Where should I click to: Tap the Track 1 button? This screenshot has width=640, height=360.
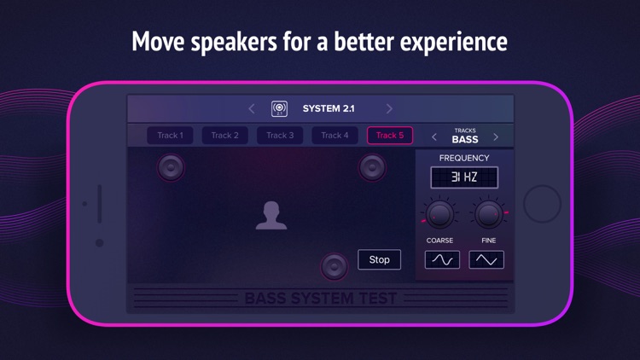(x=170, y=136)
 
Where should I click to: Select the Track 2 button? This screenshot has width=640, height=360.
(x=224, y=136)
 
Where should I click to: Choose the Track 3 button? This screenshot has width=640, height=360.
(x=280, y=136)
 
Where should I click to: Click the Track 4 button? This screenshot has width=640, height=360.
(x=335, y=136)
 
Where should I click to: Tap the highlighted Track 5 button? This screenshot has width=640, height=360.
(x=390, y=136)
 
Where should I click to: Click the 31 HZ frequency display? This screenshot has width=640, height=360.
(x=464, y=177)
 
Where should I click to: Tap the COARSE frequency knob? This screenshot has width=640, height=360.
(x=439, y=214)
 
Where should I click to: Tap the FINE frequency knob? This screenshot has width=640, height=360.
(x=488, y=214)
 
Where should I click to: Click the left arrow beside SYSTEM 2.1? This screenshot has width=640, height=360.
(x=252, y=109)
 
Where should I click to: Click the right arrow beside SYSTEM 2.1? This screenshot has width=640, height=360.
(x=389, y=109)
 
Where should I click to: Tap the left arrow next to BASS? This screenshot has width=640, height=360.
(x=434, y=136)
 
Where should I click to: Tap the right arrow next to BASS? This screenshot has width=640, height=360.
(x=496, y=136)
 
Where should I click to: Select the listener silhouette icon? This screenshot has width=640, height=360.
(x=271, y=216)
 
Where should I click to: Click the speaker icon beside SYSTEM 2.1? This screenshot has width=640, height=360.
(x=279, y=109)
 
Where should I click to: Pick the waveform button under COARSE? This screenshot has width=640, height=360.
(x=442, y=259)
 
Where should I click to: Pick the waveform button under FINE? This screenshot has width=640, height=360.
(x=486, y=259)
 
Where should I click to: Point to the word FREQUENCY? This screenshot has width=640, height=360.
(x=464, y=158)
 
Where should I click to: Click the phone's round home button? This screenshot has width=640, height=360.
(x=542, y=205)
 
